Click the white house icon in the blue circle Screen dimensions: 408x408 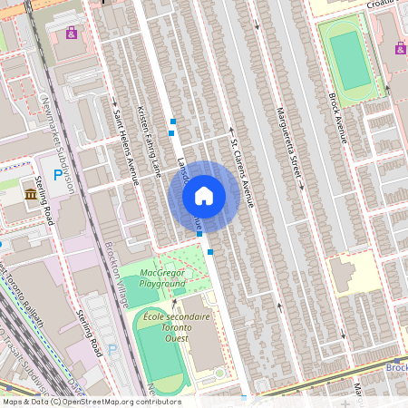click(x=204, y=195)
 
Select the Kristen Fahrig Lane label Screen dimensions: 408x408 click(x=148, y=140)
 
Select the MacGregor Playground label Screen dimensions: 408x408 click(x=162, y=278)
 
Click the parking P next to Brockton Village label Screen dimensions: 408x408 click(x=112, y=349)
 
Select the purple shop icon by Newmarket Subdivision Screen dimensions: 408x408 click(x=72, y=34)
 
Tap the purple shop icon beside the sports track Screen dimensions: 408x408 click(x=400, y=47)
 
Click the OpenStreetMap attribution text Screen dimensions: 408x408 click(x=91, y=402)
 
